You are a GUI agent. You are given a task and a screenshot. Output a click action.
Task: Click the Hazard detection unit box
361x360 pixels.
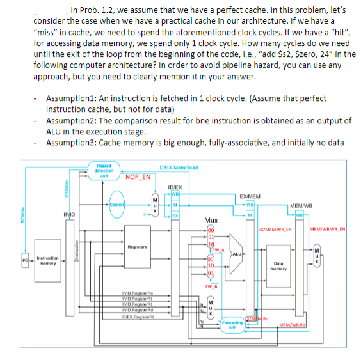(104, 171)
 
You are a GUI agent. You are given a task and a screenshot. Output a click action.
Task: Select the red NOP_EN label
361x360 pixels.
(139, 177)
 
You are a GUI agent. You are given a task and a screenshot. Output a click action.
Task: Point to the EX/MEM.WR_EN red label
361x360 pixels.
(275, 229)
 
